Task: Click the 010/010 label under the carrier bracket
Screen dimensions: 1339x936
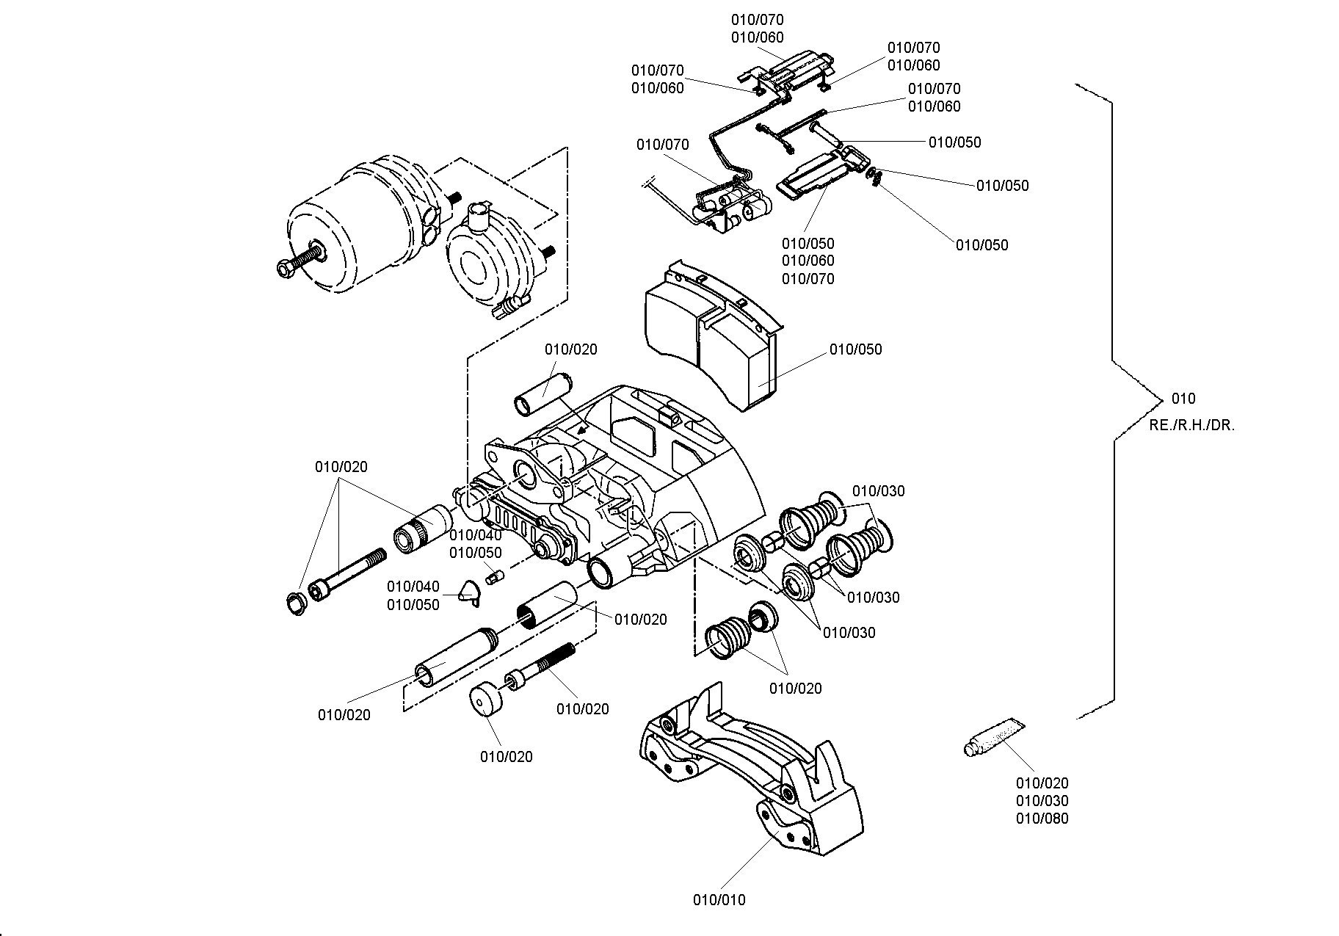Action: click(x=719, y=899)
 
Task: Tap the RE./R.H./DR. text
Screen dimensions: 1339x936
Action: click(x=1192, y=425)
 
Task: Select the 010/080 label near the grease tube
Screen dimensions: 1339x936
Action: click(x=1042, y=819)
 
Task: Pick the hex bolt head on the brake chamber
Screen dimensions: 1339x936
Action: click(x=286, y=268)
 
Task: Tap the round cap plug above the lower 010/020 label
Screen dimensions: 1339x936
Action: click(x=485, y=700)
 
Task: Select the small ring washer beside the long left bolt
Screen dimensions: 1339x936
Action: click(x=295, y=604)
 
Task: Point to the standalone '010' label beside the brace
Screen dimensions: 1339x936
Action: click(x=1183, y=399)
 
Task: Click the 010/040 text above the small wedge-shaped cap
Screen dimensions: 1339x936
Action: click(x=413, y=587)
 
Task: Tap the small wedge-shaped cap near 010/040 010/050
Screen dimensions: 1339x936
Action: click(x=468, y=592)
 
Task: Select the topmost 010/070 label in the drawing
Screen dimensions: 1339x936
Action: click(x=757, y=20)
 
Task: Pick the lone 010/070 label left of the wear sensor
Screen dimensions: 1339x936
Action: click(x=663, y=145)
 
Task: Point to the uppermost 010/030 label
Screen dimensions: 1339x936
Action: click(x=879, y=490)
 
